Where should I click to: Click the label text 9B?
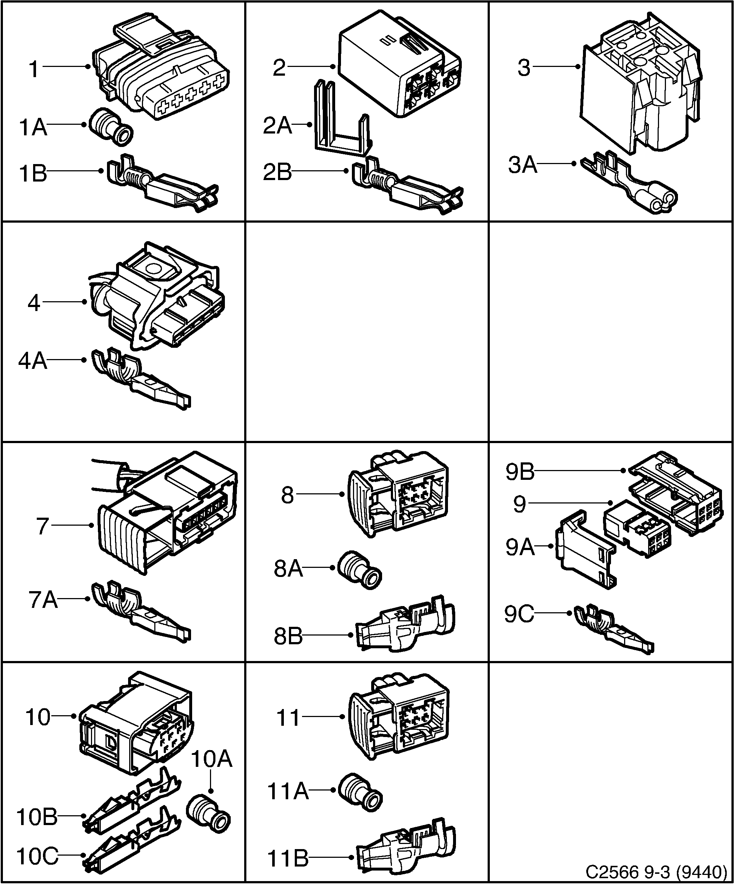(520, 472)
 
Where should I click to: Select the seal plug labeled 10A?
(209, 815)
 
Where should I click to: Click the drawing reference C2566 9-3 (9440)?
(657, 871)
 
